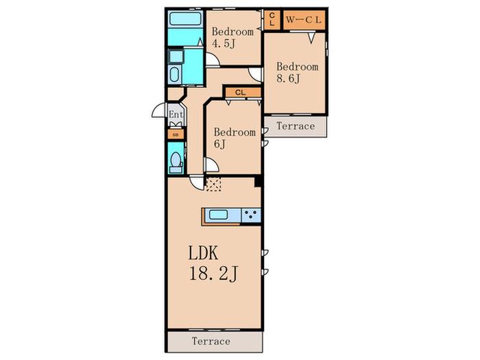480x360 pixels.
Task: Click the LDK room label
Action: (x=203, y=253)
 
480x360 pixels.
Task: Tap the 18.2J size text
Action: (x=213, y=274)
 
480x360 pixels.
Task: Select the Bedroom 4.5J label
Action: (x=232, y=37)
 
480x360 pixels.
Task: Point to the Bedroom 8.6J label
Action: (x=297, y=73)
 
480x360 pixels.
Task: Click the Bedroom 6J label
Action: (x=235, y=138)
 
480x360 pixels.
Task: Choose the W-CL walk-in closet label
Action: (x=304, y=20)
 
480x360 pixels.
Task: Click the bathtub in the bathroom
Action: (x=185, y=20)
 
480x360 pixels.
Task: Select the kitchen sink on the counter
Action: (x=218, y=215)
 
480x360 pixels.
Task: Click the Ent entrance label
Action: (x=176, y=115)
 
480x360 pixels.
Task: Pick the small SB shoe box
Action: (x=176, y=134)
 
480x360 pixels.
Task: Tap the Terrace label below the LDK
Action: (x=211, y=341)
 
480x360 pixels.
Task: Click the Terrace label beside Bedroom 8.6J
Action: (x=296, y=125)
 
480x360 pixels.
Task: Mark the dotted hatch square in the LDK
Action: (x=213, y=184)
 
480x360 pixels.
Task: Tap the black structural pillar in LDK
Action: (x=258, y=180)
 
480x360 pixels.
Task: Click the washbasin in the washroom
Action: (x=176, y=57)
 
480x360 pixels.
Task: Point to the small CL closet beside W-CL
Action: (x=272, y=20)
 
